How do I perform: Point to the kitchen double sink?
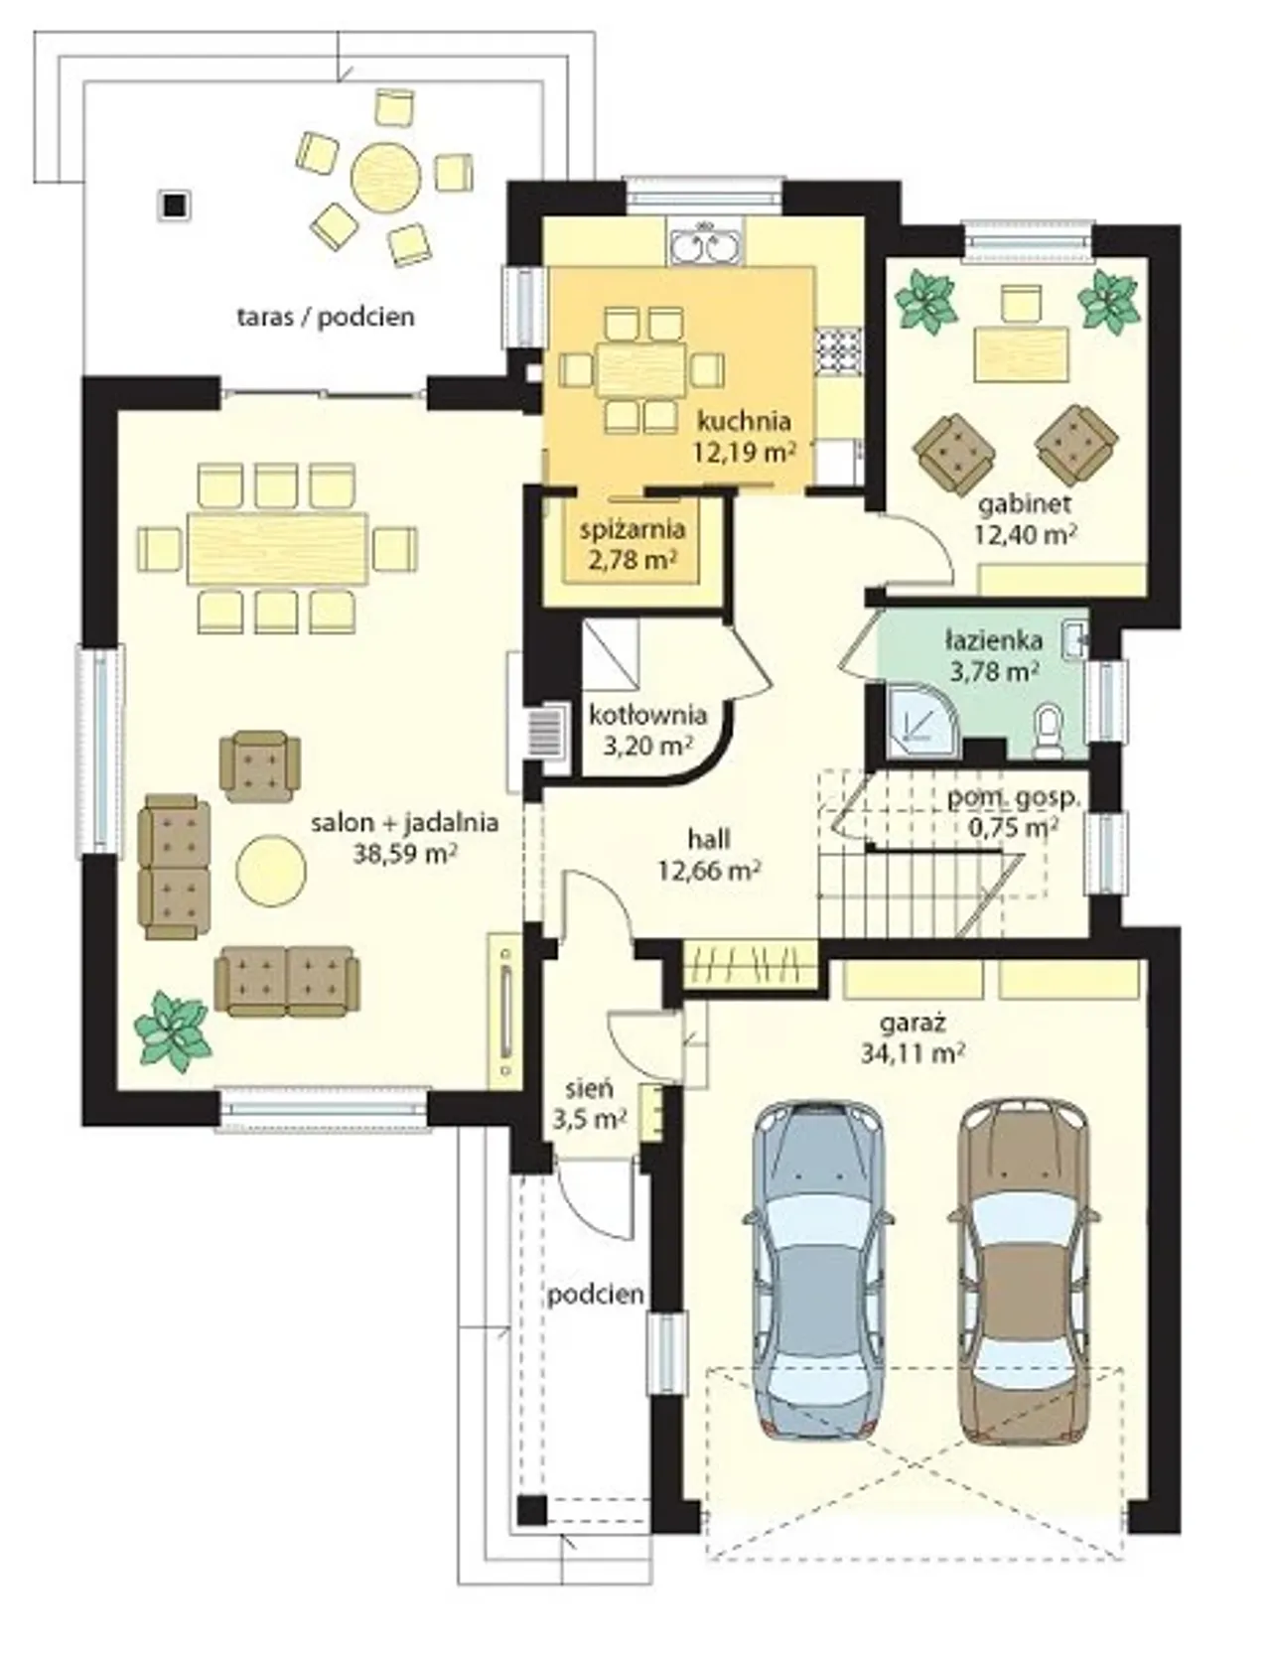(x=704, y=245)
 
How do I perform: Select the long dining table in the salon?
(x=278, y=547)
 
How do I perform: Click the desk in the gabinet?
(x=1022, y=354)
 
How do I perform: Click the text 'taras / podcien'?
(x=326, y=318)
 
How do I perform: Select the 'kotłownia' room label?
(x=647, y=715)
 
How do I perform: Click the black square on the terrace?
(x=175, y=206)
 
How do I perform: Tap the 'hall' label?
(x=709, y=839)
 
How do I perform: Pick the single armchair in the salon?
(x=259, y=765)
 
